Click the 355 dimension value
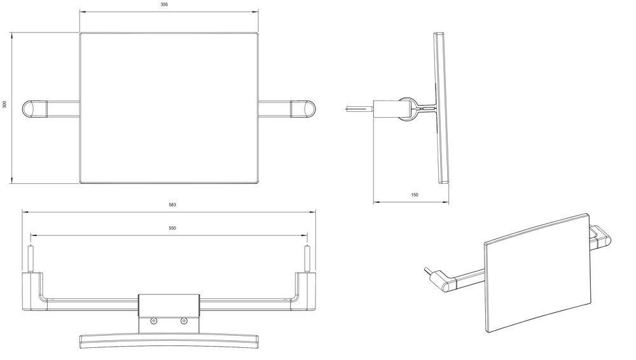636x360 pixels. coord(164,4)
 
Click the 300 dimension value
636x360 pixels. coord(4,104)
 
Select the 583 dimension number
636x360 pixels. coord(172,205)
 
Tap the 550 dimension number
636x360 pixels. coord(172,228)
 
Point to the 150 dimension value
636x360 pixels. coord(415,195)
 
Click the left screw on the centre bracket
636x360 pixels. coord(153,321)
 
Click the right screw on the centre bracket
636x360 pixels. coord(184,321)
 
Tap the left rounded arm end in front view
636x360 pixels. coord(35,108)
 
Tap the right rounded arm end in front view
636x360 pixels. coord(303,108)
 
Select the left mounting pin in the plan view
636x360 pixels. coord(30,258)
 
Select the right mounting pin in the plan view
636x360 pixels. coord(307,258)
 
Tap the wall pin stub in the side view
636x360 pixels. coord(359,108)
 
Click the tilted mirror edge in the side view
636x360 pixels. coord(441,108)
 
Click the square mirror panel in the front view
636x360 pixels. coord(169,108)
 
